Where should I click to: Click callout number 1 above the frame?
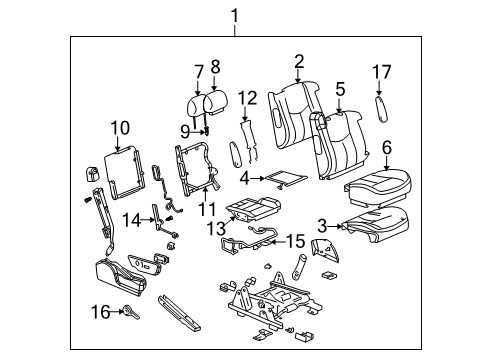(235, 15)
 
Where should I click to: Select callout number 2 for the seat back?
(299, 63)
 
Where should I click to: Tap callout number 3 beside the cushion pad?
(322, 226)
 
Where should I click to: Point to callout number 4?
(245, 179)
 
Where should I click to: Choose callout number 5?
(340, 91)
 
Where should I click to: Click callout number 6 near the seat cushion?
(387, 147)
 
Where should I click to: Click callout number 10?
(120, 128)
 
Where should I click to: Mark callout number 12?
(248, 97)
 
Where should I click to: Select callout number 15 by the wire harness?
(295, 241)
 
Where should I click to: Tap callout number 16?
(101, 312)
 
